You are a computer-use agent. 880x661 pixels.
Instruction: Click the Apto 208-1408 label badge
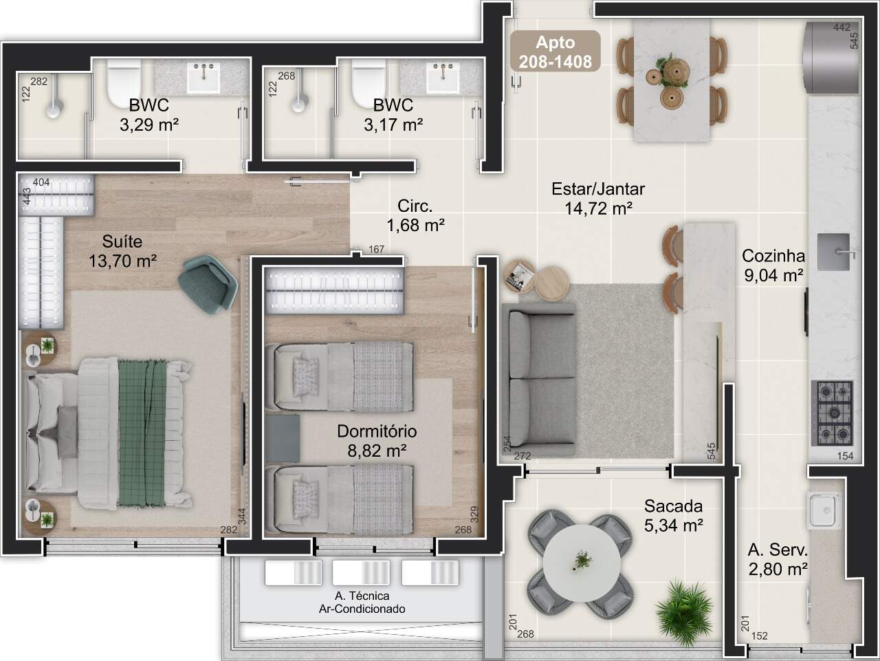(x=555, y=52)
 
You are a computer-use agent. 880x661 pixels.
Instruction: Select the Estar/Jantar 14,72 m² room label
(x=598, y=199)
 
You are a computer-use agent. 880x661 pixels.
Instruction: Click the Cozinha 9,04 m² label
(x=773, y=266)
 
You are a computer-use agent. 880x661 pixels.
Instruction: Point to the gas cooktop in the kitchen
(x=832, y=413)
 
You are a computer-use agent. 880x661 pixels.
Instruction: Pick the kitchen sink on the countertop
(x=835, y=252)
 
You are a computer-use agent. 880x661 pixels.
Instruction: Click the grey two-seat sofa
(x=538, y=380)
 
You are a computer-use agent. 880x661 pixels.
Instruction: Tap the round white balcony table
(x=582, y=563)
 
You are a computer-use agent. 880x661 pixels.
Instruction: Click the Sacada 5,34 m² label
(x=674, y=516)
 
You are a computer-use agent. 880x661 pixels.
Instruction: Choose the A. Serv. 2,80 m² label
(x=778, y=559)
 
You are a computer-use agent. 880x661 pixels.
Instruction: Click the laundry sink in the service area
(x=824, y=510)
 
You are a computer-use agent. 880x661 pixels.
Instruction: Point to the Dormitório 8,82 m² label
(x=377, y=441)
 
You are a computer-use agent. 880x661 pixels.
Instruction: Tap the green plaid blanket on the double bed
(x=142, y=433)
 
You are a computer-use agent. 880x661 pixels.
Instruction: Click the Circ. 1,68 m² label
(x=415, y=216)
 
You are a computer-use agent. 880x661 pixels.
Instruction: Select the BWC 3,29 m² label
(x=149, y=115)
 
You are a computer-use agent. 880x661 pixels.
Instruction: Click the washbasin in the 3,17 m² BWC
(x=443, y=76)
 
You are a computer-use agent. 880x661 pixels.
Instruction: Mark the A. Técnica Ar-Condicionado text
(x=362, y=603)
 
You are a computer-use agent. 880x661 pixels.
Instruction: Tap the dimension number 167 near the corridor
(x=377, y=250)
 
